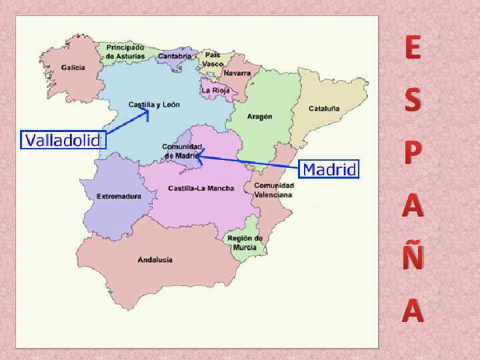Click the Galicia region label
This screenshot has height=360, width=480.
tap(73, 67)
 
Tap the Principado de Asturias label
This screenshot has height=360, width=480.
tap(124, 52)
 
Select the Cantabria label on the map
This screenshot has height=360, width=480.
tap(174, 57)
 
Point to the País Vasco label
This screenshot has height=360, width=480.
tap(213, 59)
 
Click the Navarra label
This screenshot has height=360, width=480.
tap(237, 73)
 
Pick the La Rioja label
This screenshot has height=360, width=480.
tap(215, 90)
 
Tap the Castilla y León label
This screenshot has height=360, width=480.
tap(154, 105)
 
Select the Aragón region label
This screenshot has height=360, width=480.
tap(259, 116)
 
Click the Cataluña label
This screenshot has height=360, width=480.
tap(324, 108)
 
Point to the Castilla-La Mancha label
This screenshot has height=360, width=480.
tap(201, 188)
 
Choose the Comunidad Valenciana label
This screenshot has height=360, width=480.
tap(273, 190)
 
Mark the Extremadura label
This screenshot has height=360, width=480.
tap(119, 196)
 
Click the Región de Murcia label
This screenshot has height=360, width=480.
tap(245, 243)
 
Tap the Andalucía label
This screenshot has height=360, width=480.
tap(155, 259)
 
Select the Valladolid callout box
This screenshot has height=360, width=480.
tap(62, 140)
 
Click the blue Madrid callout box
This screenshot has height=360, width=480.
tap(329, 169)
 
